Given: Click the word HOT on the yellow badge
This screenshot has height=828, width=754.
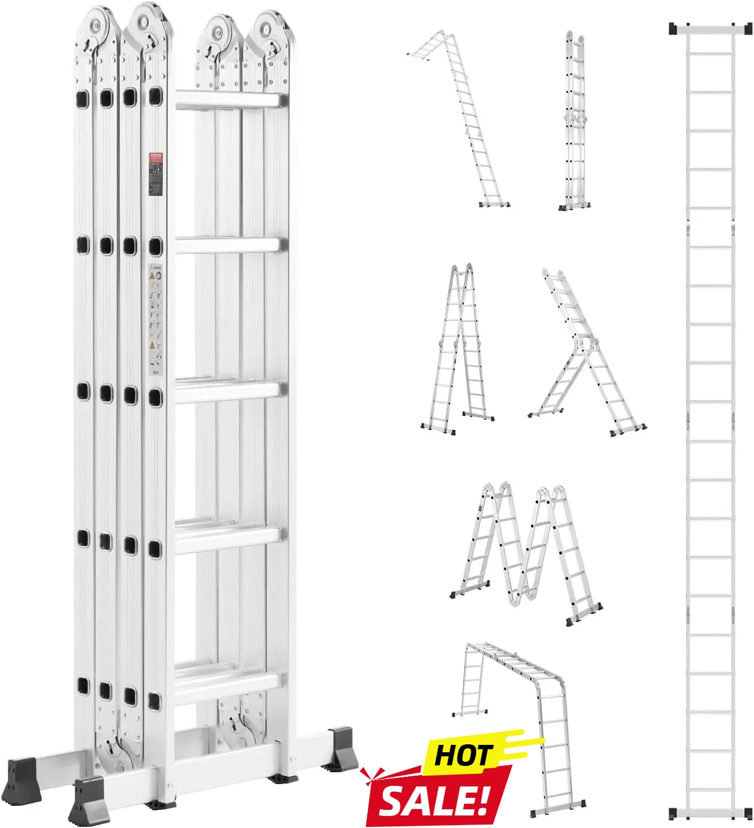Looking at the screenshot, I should coord(462,756).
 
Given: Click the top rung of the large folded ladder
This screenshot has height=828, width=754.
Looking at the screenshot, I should coord(228,101).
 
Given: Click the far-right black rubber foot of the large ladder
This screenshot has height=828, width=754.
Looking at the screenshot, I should coord(344,747).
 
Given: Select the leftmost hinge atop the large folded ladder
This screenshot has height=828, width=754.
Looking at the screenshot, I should coord(98,26).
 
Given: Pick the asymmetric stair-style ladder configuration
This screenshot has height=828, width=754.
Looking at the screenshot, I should coord(587,353).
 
